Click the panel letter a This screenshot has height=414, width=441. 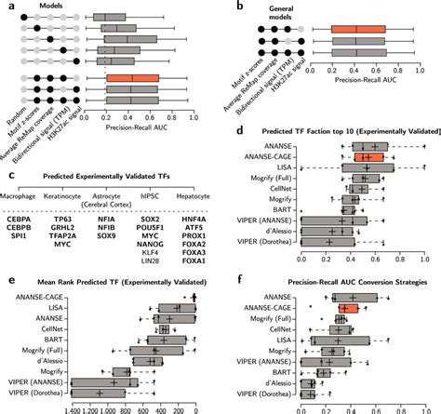[x=5, y=6]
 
